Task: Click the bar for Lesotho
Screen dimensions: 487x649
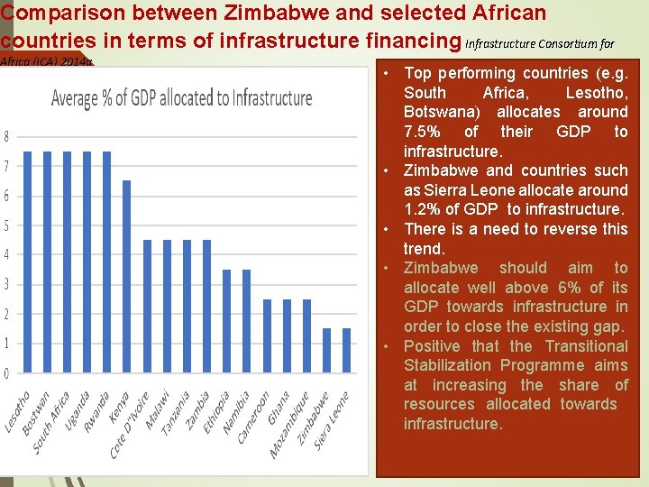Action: [27, 262]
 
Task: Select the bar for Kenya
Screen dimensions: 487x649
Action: [127, 276]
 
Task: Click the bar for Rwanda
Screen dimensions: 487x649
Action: [107, 262]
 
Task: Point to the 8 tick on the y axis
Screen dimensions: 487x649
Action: [7, 137]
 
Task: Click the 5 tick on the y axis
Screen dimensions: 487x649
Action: [7, 225]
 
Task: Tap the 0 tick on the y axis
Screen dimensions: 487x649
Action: [7, 373]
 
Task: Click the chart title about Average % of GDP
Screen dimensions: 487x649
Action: [182, 98]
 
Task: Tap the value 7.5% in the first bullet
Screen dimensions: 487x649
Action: [425, 132]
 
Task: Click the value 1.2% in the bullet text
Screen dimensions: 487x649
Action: [425, 209]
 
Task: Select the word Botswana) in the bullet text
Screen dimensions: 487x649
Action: [441, 112]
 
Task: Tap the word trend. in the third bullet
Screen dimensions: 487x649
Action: [424, 248]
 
